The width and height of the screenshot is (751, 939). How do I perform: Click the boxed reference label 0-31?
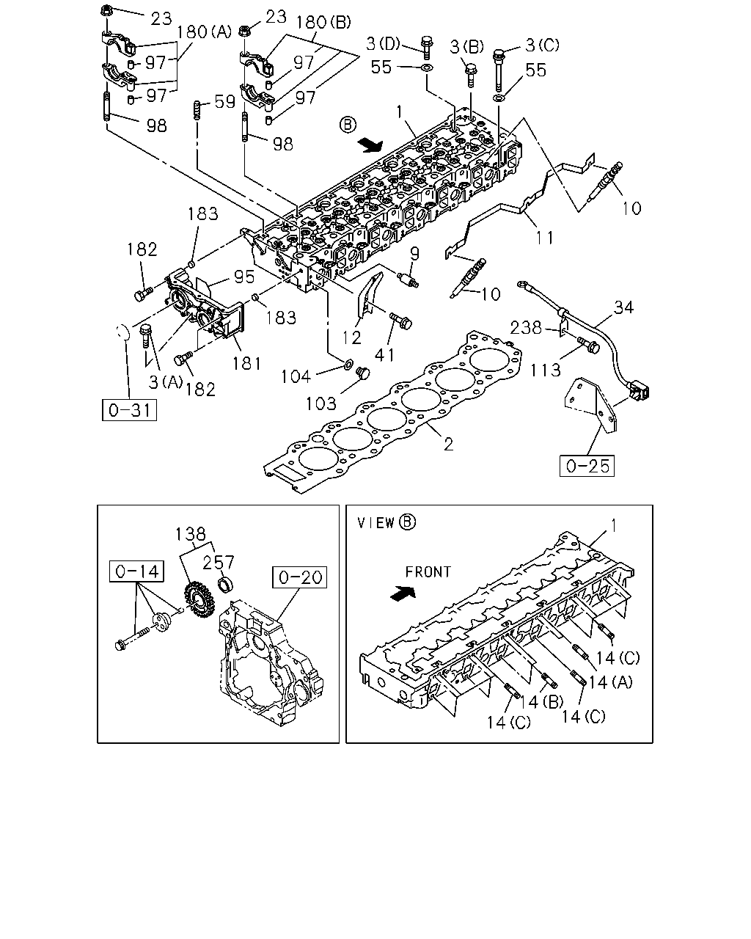pyautogui.click(x=129, y=410)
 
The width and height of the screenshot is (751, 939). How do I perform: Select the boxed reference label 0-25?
pyautogui.click(x=587, y=466)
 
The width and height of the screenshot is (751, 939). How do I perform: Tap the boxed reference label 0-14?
pyautogui.click(x=136, y=571)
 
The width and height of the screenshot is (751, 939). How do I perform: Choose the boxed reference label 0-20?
pyautogui.click(x=300, y=577)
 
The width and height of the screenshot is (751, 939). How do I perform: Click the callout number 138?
pyautogui.click(x=191, y=534)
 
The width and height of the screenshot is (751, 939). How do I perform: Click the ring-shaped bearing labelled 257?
pyautogui.click(x=226, y=585)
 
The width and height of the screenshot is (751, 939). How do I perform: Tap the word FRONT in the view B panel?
pyautogui.click(x=428, y=571)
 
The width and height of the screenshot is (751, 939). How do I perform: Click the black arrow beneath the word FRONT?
pyautogui.click(x=403, y=593)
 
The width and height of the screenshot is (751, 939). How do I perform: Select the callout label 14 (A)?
pyautogui.click(x=611, y=682)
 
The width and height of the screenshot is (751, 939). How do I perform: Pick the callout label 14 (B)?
pyautogui.click(x=543, y=701)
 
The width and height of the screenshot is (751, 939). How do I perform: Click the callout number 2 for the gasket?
pyautogui.click(x=449, y=445)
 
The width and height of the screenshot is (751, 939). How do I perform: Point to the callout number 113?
pyautogui.click(x=546, y=370)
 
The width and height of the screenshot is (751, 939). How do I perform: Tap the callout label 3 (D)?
pyautogui.click(x=383, y=43)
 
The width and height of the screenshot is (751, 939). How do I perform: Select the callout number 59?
pyautogui.click(x=225, y=102)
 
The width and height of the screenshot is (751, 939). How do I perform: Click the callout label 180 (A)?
pyautogui.click(x=204, y=32)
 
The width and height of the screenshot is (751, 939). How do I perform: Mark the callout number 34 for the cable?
pyautogui.click(x=623, y=307)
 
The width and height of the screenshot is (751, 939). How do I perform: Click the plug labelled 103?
pyautogui.click(x=363, y=373)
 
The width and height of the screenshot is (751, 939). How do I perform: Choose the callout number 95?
pyautogui.click(x=244, y=277)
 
